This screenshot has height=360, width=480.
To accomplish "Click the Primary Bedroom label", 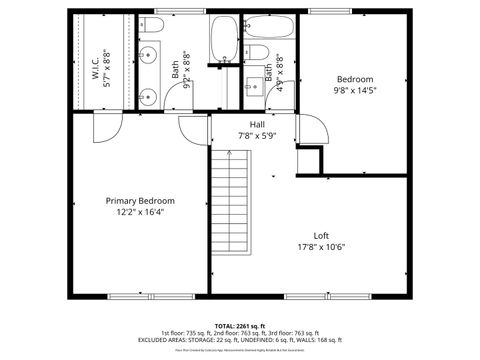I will coord(140,200).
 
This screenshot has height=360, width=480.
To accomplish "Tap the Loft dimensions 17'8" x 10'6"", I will coord(321,247).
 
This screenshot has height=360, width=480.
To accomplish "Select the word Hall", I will coord(257,124).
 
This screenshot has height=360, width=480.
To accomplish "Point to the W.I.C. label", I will coord(96,68).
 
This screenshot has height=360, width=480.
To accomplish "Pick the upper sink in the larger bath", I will coord(147,55).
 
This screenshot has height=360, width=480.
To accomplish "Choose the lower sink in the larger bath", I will coord(147,96).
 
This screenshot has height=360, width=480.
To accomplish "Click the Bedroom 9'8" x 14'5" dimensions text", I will coord(355,90).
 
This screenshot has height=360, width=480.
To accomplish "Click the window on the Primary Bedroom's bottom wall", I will coord(139,295).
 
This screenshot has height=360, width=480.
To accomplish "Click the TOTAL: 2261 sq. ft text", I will coord(239,326).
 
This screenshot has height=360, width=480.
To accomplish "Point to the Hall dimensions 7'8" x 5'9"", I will coord(257,136).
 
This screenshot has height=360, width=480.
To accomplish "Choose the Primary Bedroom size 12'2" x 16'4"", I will coord(140,212).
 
